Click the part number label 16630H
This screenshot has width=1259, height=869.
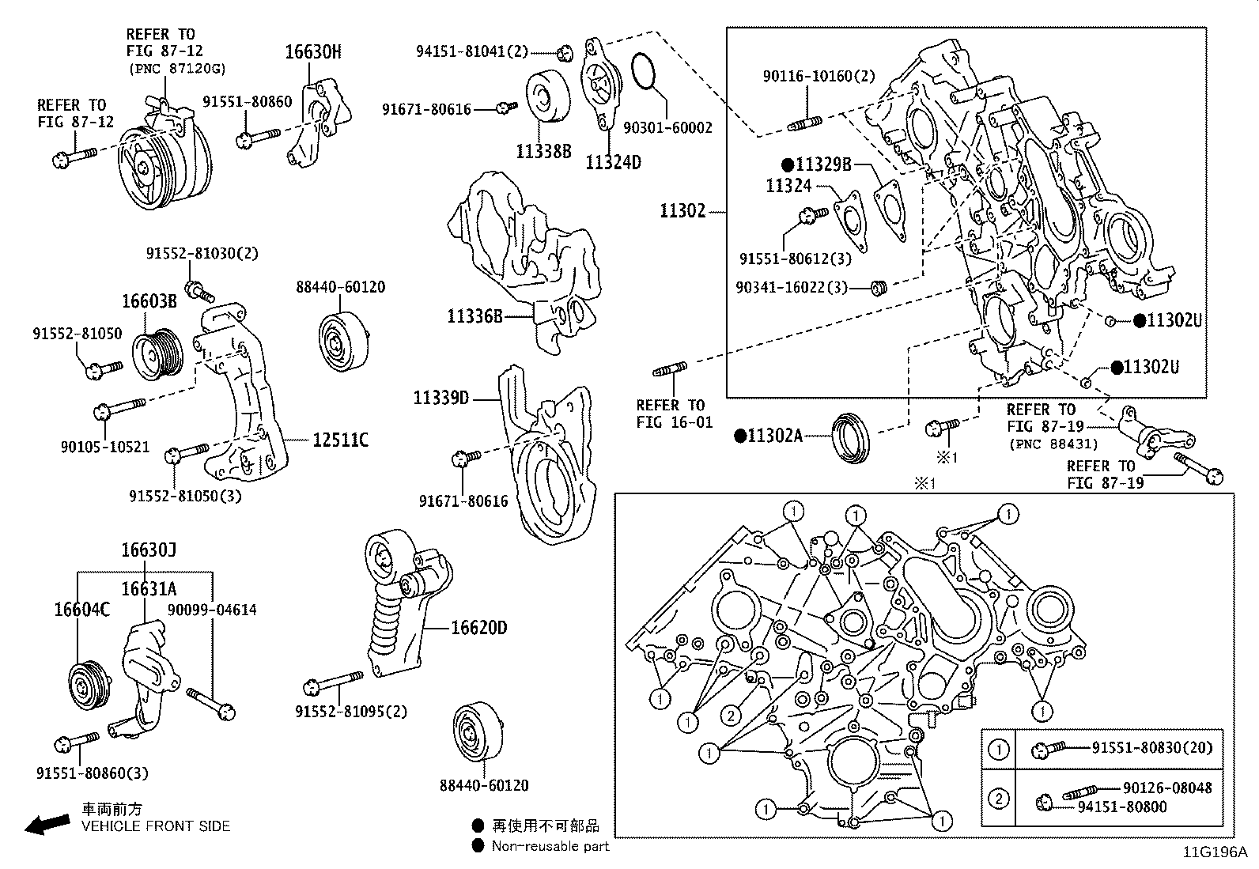[x=313, y=52]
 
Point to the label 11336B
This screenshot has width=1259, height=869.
[x=474, y=316]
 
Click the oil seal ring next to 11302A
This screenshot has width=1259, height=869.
[x=852, y=436]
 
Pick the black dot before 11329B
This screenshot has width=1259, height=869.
[x=787, y=165]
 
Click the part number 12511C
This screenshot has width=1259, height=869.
[x=340, y=440]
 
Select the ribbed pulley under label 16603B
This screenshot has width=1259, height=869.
[x=156, y=354]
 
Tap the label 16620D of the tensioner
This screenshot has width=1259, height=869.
[x=478, y=628]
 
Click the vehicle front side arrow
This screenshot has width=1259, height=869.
[x=46, y=826]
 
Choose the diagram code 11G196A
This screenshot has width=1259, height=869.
[x=1214, y=852]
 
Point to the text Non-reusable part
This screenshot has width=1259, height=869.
[x=550, y=846]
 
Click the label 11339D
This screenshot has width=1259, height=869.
[x=440, y=398]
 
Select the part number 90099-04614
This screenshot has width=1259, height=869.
[x=212, y=610]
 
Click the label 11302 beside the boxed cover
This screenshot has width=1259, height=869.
[x=682, y=210]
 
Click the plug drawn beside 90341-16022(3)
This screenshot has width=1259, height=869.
[x=878, y=288]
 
